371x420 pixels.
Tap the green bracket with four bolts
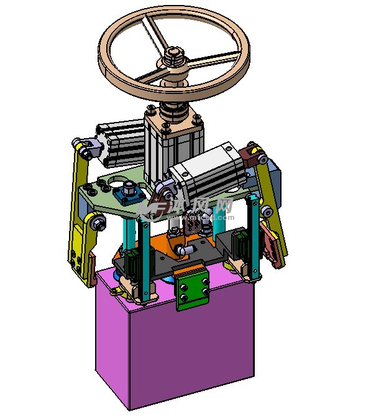point(192,289)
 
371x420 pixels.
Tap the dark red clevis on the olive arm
point(250,154)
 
